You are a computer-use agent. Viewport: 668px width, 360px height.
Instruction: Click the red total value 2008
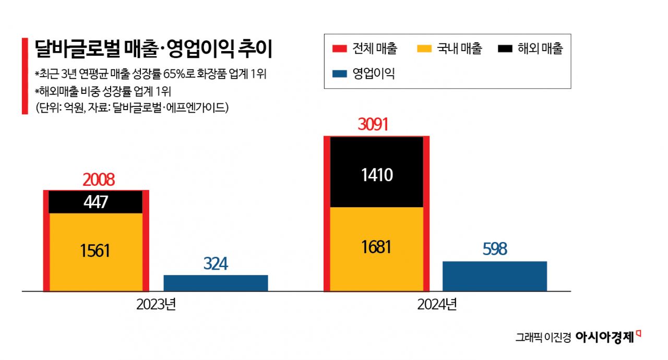pos(98,180)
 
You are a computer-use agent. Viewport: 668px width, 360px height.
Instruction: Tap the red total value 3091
pos(374,125)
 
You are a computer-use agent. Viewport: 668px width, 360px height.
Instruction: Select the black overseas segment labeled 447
pos(96,202)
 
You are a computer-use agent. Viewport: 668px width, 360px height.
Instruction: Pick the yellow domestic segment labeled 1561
pos(96,251)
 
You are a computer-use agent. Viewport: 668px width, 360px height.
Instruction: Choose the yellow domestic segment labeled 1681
pos(377,247)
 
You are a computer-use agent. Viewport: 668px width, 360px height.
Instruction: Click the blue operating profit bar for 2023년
pos(216,283)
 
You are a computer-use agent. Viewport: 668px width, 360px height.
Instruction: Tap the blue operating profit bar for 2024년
pos(495,276)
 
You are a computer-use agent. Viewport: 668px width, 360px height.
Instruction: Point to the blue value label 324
pos(216,264)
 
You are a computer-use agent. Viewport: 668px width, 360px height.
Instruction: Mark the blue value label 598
pos(495,249)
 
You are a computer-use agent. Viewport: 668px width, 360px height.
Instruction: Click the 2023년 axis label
pos(156,305)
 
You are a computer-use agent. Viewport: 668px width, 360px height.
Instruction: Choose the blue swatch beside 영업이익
pos(340,74)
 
